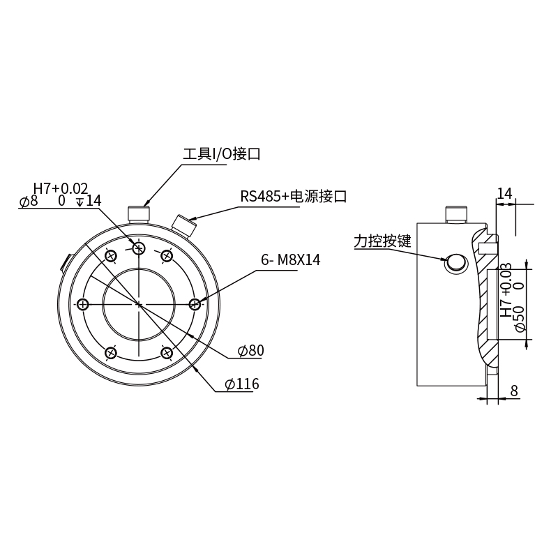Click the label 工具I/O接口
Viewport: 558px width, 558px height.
(x=222, y=153)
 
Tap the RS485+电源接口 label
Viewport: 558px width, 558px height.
(x=294, y=197)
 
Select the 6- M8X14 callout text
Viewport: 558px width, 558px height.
(x=291, y=260)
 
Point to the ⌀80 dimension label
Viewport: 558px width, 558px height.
(x=251, y=351)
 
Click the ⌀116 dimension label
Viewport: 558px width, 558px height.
(x=242, y=384)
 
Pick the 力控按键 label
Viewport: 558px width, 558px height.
(x=382, y=241)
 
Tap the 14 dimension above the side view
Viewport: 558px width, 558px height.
(x=504, y=194)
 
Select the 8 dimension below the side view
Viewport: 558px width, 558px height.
(x=514, y=391)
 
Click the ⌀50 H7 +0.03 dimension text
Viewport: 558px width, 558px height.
(x=513, y=297)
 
